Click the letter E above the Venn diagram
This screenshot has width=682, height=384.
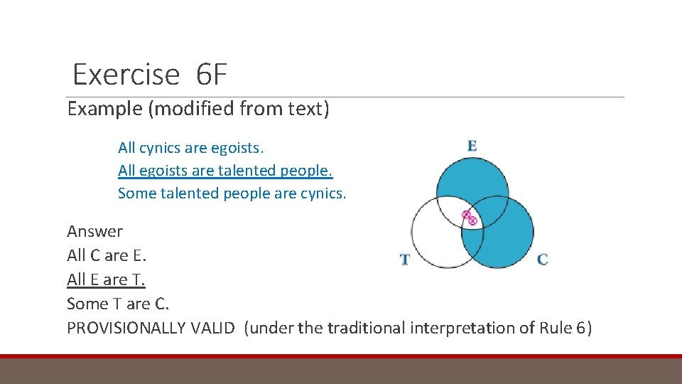[472, 146]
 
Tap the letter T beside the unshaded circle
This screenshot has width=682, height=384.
[405, 260]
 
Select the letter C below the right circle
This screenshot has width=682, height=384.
[542, 260]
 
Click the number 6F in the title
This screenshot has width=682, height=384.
[208, 75]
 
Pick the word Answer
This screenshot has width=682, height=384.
[94, 231]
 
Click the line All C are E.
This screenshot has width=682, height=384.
[107, 255]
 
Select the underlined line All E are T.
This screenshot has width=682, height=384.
[106, 279]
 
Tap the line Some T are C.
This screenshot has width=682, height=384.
[118, 304]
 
